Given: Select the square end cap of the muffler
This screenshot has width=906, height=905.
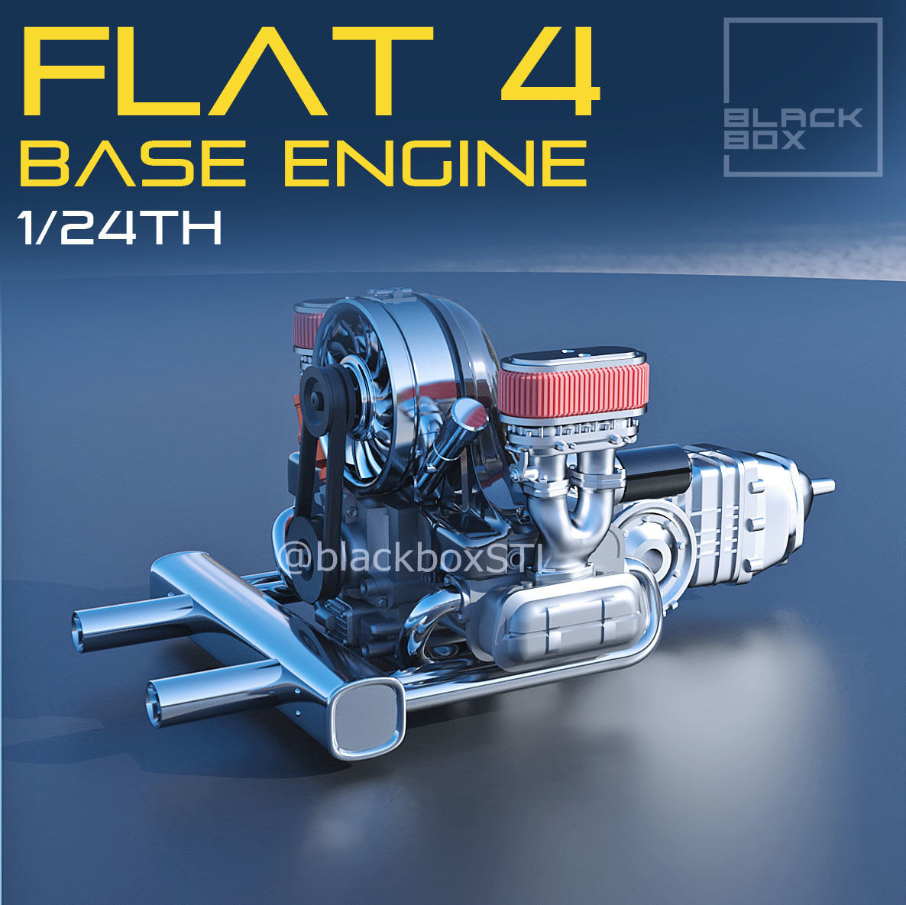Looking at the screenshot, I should click(367, 714).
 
